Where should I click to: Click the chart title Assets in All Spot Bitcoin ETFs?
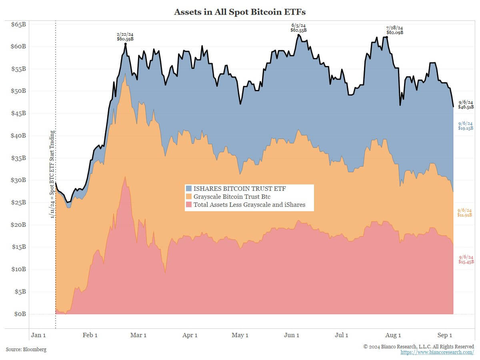click(240, 12)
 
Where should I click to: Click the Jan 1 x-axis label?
click(38, 335)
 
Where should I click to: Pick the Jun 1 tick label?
click(291, 335)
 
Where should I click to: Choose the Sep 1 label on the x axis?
click(445, 335)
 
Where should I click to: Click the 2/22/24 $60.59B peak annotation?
click(125, 37)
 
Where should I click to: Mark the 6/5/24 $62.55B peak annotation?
click(298, 28)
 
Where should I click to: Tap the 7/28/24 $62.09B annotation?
click(394, 30)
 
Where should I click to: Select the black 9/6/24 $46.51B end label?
click(466, 105)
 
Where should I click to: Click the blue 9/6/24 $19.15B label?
click(466, 126)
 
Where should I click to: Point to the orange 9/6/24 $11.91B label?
click(465, 213)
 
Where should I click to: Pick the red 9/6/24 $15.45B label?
click(466, 259)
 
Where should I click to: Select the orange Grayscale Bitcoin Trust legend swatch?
click(189, 197)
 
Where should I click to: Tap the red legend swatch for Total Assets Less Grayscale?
click(189, 205)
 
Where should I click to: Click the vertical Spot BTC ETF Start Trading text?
click(52, 174)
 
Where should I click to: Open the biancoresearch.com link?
click(437, 352)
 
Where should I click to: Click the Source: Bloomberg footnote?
click(26, 350)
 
